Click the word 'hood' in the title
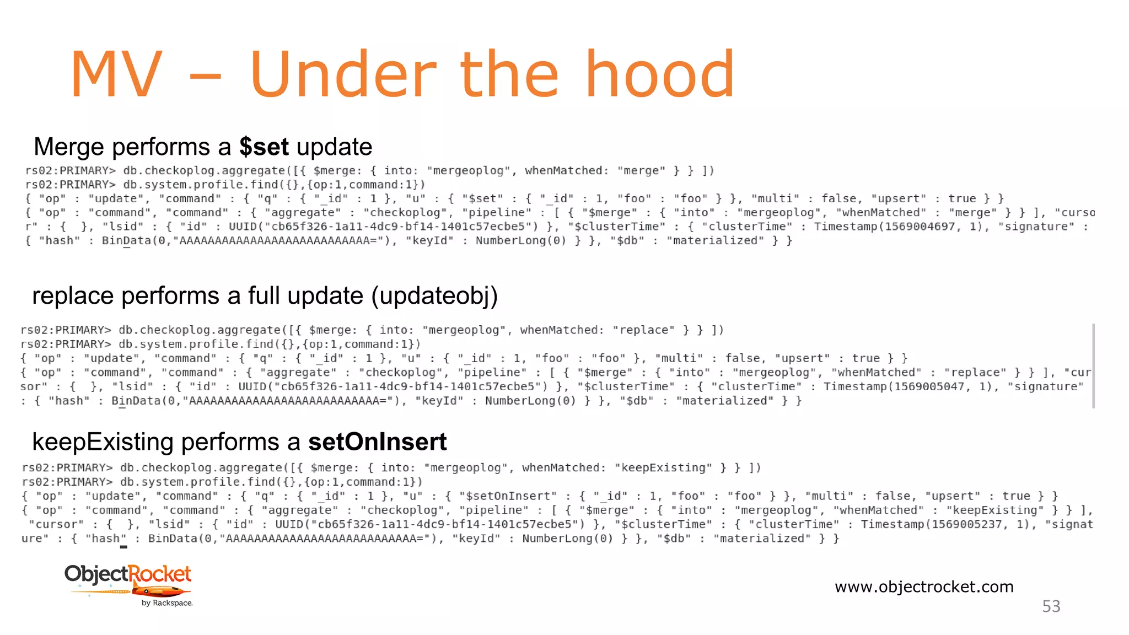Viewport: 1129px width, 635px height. tap(659, 74)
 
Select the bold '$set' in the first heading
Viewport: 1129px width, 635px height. tap(264, 147)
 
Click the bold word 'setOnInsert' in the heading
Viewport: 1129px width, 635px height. tap(377, 442)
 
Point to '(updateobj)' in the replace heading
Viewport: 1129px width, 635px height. tap(434, 296)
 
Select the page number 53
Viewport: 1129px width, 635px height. tap(1051, 606)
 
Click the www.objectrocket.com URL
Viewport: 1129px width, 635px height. tap(924, 586)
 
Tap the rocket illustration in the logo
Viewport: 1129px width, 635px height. tap(160, 592)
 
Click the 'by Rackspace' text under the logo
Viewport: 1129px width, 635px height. tap(167, 603)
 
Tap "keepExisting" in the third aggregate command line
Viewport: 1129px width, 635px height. tap(663, 468)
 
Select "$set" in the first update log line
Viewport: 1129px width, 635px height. tap(483, 199)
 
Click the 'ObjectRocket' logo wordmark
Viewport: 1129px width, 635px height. tap(128, 574)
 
